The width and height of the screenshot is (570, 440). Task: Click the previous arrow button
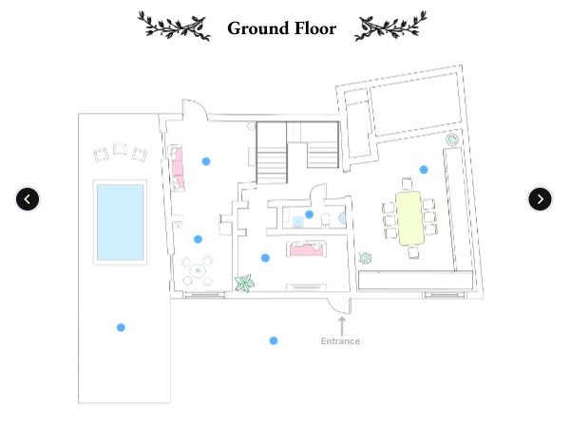coord(28,199)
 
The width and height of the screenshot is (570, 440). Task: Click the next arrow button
coord(540,199)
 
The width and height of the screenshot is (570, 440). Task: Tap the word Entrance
coord(341,341)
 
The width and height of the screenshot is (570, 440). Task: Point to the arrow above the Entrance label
coord(342,326)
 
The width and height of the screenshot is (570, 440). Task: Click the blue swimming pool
coord(120,222)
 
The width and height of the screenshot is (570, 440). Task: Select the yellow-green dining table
coord(410,218)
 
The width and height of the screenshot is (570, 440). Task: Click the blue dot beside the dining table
coord(424,170)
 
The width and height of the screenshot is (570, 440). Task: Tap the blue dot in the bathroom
coord(310,214)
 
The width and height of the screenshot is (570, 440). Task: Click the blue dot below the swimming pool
coord(121,327)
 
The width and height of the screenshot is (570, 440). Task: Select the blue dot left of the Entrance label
coord(274,340)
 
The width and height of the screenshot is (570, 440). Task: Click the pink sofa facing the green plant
coord(306,248)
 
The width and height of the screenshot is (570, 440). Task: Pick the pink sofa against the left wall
coord(178,168)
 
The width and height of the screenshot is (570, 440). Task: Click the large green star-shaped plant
coord(244,283)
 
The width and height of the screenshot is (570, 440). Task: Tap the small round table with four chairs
coord(198,270)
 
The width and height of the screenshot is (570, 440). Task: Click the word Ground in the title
coord(257,28)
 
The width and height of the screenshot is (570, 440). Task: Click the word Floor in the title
coord(315,28)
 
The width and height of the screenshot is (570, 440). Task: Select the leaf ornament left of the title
coord(174,26)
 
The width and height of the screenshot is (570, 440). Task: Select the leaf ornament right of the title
coord(390,26)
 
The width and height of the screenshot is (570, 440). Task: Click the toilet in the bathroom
coord(325,220)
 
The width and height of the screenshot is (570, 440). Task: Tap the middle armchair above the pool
coord(120,149)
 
